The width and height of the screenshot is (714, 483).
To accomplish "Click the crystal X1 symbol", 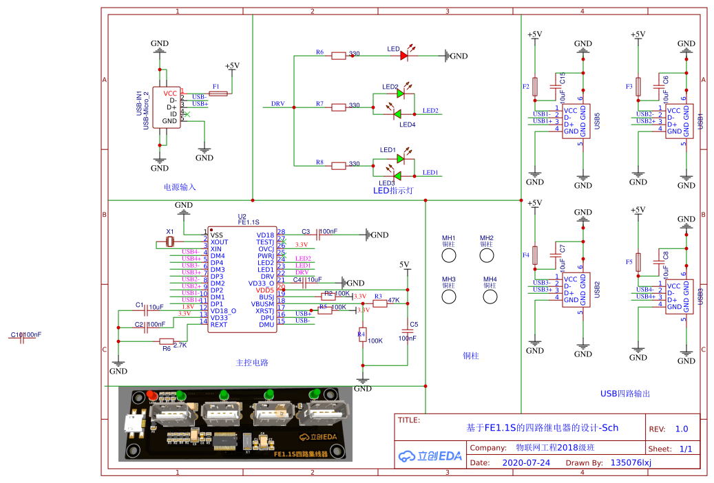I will tap(170, 242).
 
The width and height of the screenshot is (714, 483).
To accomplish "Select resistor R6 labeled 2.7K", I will tap(166, 341).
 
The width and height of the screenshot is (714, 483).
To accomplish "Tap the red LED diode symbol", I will tap(404, 56).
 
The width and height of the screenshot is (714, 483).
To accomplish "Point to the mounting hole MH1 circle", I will tap(449, 255).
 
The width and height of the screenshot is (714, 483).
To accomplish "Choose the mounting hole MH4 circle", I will tap(490, 297).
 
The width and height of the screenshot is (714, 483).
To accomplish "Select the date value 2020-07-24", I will tap(527, 463).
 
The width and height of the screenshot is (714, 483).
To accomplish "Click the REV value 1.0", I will tap(681, 429).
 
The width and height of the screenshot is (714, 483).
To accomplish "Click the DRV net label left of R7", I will tap(277, 104).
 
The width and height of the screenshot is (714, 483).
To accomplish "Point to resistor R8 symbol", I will tap(339, 165).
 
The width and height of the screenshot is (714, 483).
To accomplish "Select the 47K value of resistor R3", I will tap(394, 300).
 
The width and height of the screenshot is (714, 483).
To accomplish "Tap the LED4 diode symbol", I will tap(397, 114).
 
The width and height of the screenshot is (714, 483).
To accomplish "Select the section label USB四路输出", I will tap(624, 394).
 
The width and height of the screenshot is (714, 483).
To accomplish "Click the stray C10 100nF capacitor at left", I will tap(23, 336).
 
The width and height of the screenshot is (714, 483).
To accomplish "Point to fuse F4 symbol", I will tap(535, 255).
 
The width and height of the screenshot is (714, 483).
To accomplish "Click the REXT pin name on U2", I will tap(219, 324).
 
